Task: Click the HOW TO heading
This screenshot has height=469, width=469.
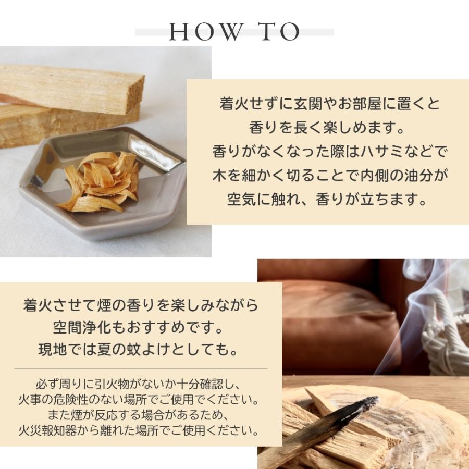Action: [x=234, y=32]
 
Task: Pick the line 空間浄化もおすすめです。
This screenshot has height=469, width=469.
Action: [x=141, y=328]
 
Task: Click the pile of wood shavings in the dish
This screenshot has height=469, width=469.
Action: [x=102, y=180]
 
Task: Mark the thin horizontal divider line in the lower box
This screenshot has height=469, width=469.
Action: [x=141, y=368]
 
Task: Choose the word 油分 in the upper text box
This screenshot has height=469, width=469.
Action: [x=420, y=175]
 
